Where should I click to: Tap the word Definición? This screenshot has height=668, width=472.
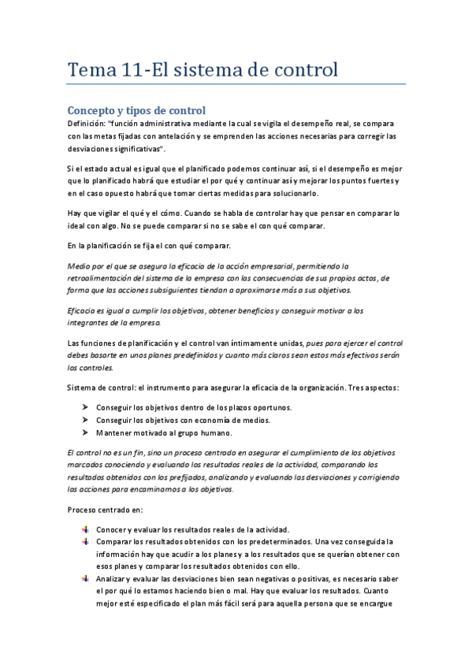tap(87, 124)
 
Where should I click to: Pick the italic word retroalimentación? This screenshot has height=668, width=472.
tap(103, 278)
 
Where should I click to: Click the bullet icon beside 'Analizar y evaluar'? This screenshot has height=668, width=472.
tap(84, 577)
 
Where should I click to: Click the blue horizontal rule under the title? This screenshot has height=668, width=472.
tap(236, 84)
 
